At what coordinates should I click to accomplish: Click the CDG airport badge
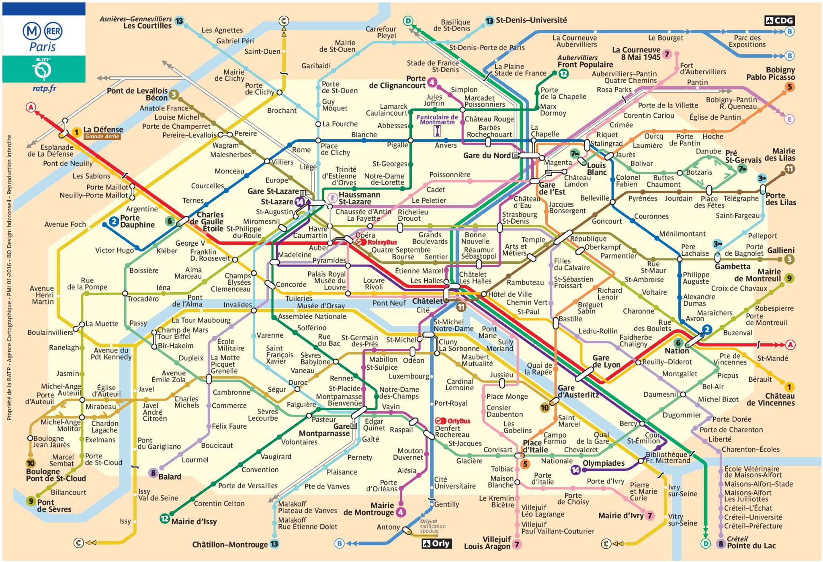point(780,20)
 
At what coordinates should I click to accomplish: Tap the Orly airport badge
point(436,544)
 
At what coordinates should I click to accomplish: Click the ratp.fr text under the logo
point(44,88)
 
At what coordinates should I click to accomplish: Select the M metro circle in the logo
point(31,31)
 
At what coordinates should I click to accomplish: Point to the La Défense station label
point(103,129)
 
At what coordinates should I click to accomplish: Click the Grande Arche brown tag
point(102,136)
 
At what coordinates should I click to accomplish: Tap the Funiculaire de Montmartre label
point(437,120)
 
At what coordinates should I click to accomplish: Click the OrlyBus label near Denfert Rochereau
point(453,421)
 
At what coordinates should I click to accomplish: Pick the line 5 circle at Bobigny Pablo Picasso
point(789,87)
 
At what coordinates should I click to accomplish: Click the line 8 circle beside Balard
point(153,473)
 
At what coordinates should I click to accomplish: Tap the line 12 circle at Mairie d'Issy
point(164,518)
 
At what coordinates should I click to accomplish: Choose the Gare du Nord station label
point(487,155)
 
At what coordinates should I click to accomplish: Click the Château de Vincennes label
point(770,399)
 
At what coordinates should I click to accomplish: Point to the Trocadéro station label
point(143,299)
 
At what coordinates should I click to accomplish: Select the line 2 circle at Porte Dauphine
point(114,221)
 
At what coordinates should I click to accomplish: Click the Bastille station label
point(570,319)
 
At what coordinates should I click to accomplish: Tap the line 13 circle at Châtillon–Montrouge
point(274,544)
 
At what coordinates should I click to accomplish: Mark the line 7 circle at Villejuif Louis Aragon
point(517,545)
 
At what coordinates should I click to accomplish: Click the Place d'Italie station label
point(535,446)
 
